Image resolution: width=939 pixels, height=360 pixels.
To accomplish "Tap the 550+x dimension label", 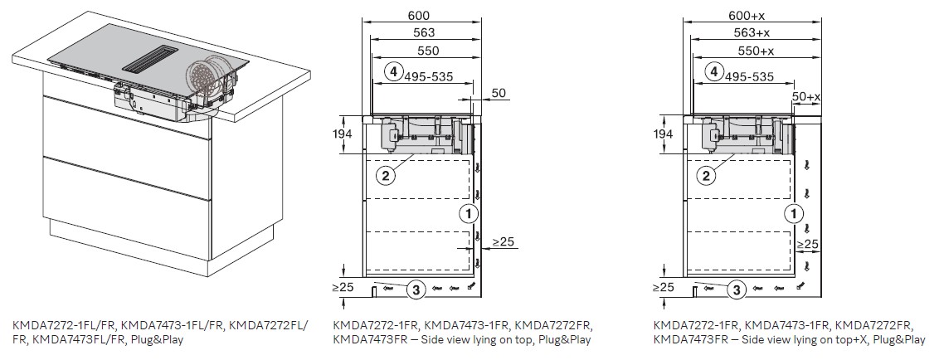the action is (756, 51).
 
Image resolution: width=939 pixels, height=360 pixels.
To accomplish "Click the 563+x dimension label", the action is (752, 33).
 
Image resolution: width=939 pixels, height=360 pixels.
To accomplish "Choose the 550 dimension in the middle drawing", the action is (428, 51).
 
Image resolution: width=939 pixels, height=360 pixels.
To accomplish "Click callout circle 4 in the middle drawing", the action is (393, 72).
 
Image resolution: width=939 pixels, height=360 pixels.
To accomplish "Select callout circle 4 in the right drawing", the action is (713, 72).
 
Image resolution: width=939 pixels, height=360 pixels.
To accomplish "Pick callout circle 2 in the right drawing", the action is (707, 176).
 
